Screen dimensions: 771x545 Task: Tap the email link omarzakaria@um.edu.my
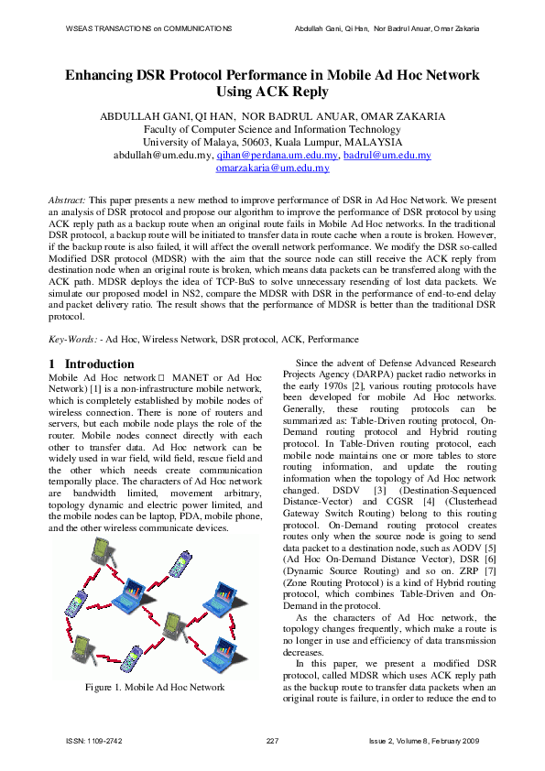(272, 168)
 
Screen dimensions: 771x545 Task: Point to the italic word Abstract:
(67, 199)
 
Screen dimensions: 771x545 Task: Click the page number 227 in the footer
(272, 739)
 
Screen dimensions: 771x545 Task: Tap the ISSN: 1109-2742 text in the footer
(94, 739)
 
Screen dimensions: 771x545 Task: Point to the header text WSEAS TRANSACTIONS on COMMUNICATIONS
(148, 30)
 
